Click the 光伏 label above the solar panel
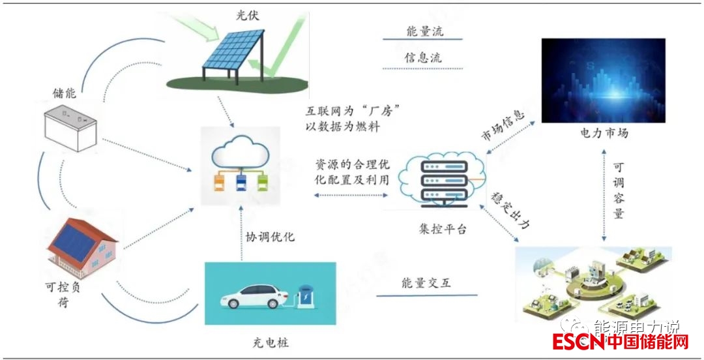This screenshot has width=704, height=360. pyautogui.click(x=248, y=14)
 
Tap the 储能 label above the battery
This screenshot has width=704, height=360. pyautogui.click(x=65, y=93)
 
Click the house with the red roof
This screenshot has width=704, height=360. pyautogui.click(x=83, y=245)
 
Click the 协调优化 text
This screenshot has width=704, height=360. pyautogui.click(x=271, y=236)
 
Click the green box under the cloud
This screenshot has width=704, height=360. pyautogui.click(x=262, y=181)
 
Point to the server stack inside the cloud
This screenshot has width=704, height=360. pyautogui.click(x=445, y=183)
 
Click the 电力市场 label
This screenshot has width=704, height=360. pyautogui.click(x=604, y=133)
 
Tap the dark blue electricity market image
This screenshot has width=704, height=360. pyautogui.click(x=603, y=80)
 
